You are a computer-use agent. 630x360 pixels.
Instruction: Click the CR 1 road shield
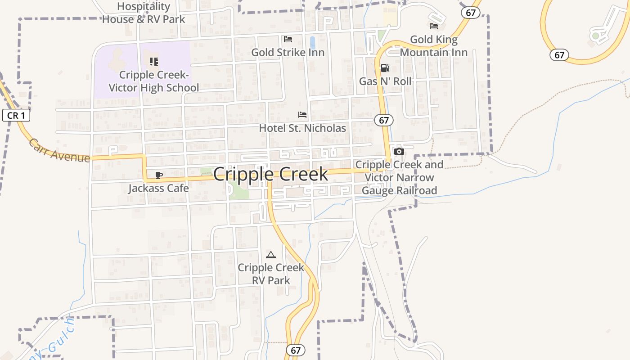[16, 116]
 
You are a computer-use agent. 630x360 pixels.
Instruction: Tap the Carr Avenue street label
[59, 151]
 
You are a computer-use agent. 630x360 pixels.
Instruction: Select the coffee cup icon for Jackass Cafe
[158, 175]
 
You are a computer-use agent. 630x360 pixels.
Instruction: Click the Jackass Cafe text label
[158, 188]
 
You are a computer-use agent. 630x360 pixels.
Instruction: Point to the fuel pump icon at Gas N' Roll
[385, 68]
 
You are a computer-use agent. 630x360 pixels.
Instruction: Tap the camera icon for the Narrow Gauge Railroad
[399, 151]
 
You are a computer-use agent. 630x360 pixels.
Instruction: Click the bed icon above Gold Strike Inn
[288, 39]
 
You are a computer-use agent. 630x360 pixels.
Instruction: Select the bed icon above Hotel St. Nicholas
[302, 115]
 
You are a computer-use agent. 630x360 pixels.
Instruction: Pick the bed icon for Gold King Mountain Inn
[434, 26]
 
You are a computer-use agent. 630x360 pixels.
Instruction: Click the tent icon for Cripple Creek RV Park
[270, 255]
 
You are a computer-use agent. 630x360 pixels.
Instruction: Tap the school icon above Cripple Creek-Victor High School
[154, 62]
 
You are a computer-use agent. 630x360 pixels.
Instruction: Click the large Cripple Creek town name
[270, 174]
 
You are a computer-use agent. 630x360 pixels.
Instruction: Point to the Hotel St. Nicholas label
[302, 128]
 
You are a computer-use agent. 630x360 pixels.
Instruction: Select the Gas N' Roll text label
[385, 81]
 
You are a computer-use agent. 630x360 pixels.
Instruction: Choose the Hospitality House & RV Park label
[144, 13]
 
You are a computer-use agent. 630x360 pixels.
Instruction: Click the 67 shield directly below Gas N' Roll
[384, 120]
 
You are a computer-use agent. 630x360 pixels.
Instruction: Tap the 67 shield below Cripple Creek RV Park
[295, 350]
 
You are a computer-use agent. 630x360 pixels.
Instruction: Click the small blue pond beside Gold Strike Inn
[312, 42]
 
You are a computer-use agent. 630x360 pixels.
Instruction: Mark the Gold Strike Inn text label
[288, 52]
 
